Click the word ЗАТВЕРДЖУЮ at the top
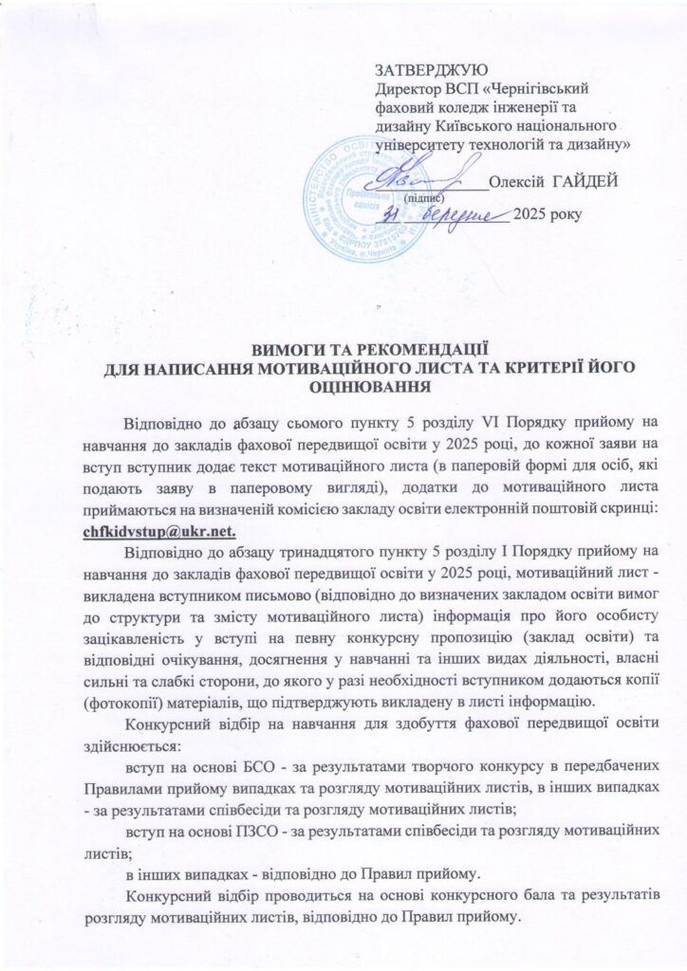click(x=432, y=70)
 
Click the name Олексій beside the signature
click(x=520, y=183)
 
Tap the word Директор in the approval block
click(x=406, y=87)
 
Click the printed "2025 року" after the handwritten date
click(x=543, y=218)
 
